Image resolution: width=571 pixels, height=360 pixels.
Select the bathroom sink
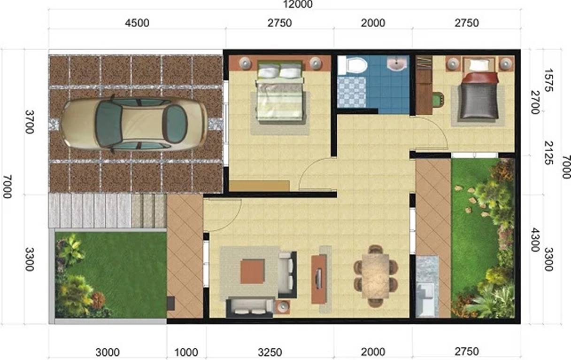[x=397, y=64]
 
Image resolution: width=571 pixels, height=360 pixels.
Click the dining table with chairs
[x=375, y=276]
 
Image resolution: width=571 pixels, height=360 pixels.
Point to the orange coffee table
[x=252, y=271]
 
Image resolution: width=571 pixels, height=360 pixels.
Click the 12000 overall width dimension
[x=296, y=4]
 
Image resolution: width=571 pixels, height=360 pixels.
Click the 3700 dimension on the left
[x=30, y=122]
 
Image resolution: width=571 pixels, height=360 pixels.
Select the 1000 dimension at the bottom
[x=186, y=352]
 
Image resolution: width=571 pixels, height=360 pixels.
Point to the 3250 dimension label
[x=270, y=352]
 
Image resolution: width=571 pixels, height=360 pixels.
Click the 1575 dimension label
[x=549, y=81]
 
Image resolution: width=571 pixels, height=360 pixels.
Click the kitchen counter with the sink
[x=427, y=287]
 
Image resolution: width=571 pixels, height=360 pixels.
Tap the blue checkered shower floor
[x=351, y=92]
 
